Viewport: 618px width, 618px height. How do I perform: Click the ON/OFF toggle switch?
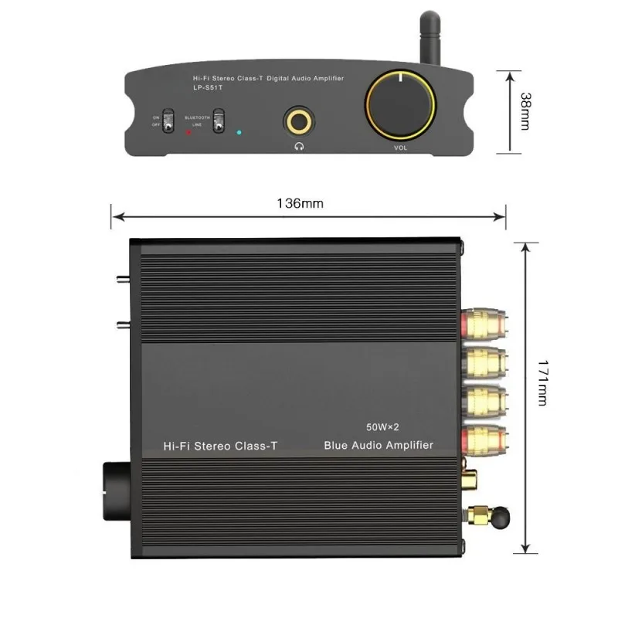(x=169, y=122)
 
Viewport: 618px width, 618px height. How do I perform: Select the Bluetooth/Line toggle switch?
(x=220, y=121)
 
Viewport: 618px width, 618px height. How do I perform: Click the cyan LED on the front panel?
(x=239, y=132)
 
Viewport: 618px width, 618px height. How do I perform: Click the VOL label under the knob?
(x=400, y=145)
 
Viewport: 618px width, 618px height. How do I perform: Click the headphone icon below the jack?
(x=297, y=144)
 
